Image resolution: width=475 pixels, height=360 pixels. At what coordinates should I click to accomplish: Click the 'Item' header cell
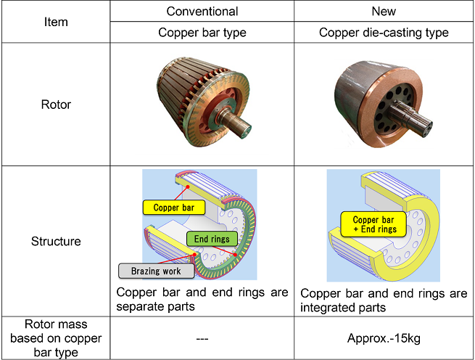pyautogui.click(x=56, y=22)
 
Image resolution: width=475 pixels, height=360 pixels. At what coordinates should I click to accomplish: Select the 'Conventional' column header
pyautogui.click(x=202, y=11)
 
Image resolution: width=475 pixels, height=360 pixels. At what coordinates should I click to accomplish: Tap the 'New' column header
pyautogui.click(x=384, y=11)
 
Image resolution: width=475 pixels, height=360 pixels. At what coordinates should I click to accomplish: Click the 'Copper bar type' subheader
pyautogui.click(x=202, y=33)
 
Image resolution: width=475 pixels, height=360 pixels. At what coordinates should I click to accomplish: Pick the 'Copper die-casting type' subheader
pyautogui.click(x=384, y=33)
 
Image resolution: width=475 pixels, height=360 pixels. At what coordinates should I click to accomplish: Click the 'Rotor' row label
pyautogui.click(x=56, y=105)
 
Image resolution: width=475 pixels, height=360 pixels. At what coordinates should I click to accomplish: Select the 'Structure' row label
pyautogui.click(x=56, y=241)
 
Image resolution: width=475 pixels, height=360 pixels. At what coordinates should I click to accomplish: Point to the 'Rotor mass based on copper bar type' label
pyautogui.click(x=56, y=338)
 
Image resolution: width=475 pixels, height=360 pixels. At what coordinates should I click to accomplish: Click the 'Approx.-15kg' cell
pyautogui.click(x=384, y=338)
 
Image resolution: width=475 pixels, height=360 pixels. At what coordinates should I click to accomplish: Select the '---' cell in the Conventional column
pyautogui.click(x=202, y=338)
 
